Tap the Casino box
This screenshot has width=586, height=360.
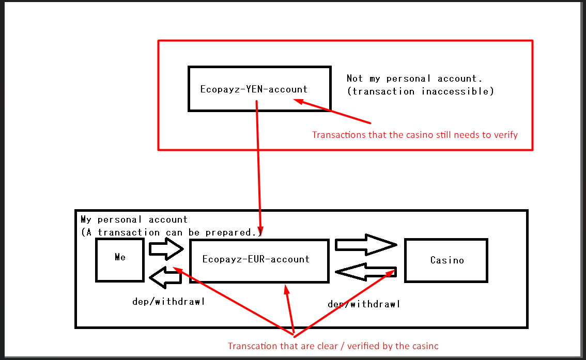point(446,260)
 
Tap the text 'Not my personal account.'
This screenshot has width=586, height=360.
point(414,79)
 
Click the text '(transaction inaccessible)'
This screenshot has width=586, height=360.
point(420,91)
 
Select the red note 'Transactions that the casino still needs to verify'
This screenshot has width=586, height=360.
point(414,135)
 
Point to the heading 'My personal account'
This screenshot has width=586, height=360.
point(134,220)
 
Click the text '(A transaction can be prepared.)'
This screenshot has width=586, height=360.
point(172,232)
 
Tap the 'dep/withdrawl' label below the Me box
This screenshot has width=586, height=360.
point(168,302)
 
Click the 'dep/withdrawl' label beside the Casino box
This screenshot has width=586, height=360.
point(364,304)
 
